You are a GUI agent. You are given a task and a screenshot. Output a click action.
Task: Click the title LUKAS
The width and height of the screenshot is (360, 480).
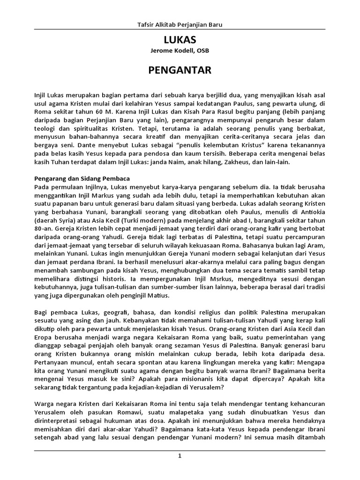[x=180, y=40]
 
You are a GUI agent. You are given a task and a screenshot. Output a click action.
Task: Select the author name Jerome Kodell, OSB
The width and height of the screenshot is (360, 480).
[x=180, y=51]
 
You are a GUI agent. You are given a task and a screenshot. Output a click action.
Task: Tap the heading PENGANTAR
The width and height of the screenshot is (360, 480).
[x=180, y=70]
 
